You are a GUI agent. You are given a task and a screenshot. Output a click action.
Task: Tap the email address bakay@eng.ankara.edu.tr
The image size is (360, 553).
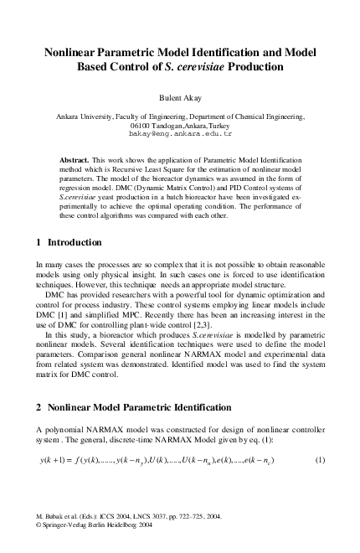click(x=180, y=133)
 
